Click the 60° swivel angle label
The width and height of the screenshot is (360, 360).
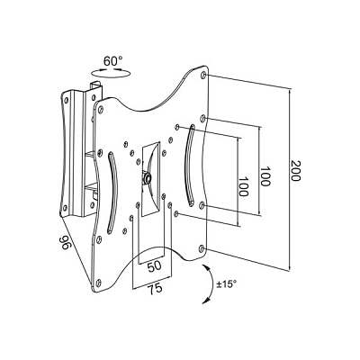point(113,61)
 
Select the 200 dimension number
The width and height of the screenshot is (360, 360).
point(295,171)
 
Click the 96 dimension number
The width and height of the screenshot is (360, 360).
point(65,242)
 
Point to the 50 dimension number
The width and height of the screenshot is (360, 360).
point(155,265)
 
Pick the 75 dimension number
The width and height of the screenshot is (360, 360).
point(155,289)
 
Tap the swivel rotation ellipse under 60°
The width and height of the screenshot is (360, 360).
point(111,73)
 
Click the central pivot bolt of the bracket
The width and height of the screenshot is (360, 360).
point(147,177)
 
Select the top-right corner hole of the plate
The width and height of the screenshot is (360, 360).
point(203,75)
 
